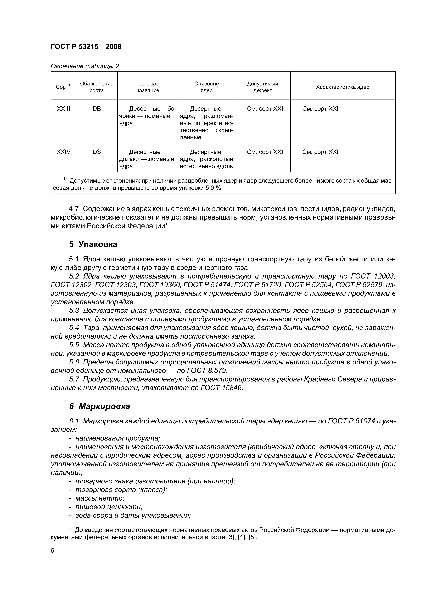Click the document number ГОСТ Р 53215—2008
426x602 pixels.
(86, 47)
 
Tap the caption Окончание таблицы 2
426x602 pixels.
(85, 66)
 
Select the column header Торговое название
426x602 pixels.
(148, 87)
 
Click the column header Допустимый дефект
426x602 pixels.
(262, 87)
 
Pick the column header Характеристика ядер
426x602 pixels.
(342, 87)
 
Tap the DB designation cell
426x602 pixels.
(97, 109)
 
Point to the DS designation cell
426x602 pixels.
(97, 152)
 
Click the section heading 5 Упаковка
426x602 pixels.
(93, 244)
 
